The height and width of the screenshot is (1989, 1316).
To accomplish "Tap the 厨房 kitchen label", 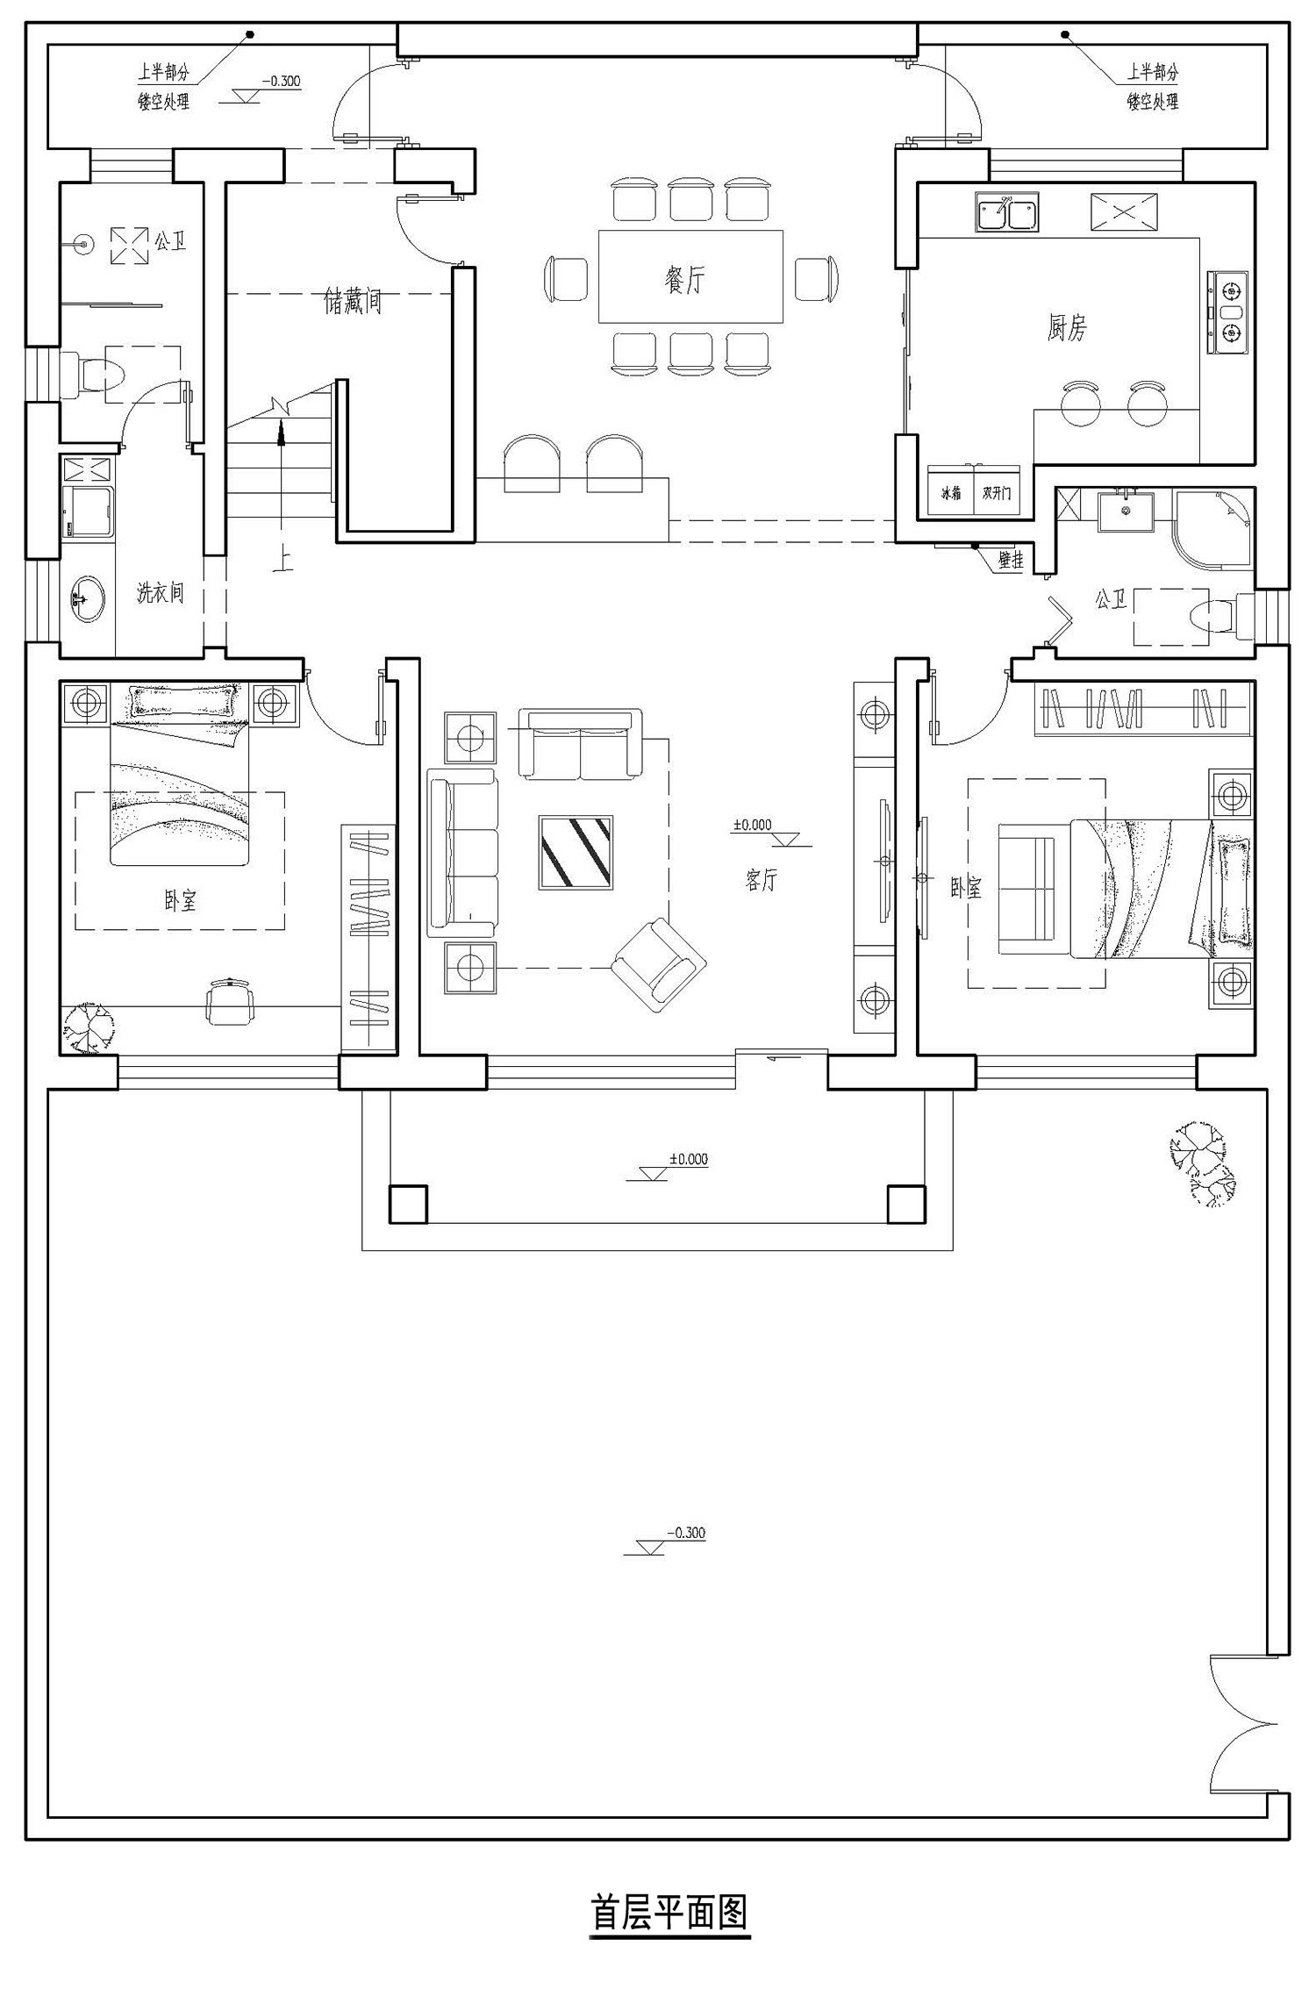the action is (1066, 328).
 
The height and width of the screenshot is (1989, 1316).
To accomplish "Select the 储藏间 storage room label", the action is (353, 303).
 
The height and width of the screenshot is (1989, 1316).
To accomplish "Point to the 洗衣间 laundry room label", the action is (161, 592).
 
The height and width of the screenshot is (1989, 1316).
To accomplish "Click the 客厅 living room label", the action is (762, 880).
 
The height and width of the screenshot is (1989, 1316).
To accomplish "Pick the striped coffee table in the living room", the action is (576, 852).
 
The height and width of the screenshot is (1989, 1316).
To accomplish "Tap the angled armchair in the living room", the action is (659, 965).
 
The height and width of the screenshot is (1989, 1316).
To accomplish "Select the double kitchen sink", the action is (1006, 213).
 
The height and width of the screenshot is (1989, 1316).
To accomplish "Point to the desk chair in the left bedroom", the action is (230, 1001).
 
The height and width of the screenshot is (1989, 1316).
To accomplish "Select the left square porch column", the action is (408, 1204).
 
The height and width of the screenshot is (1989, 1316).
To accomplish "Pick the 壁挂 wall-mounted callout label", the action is (1011, 560).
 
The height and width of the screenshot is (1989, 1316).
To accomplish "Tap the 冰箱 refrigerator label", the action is (951, 493).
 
